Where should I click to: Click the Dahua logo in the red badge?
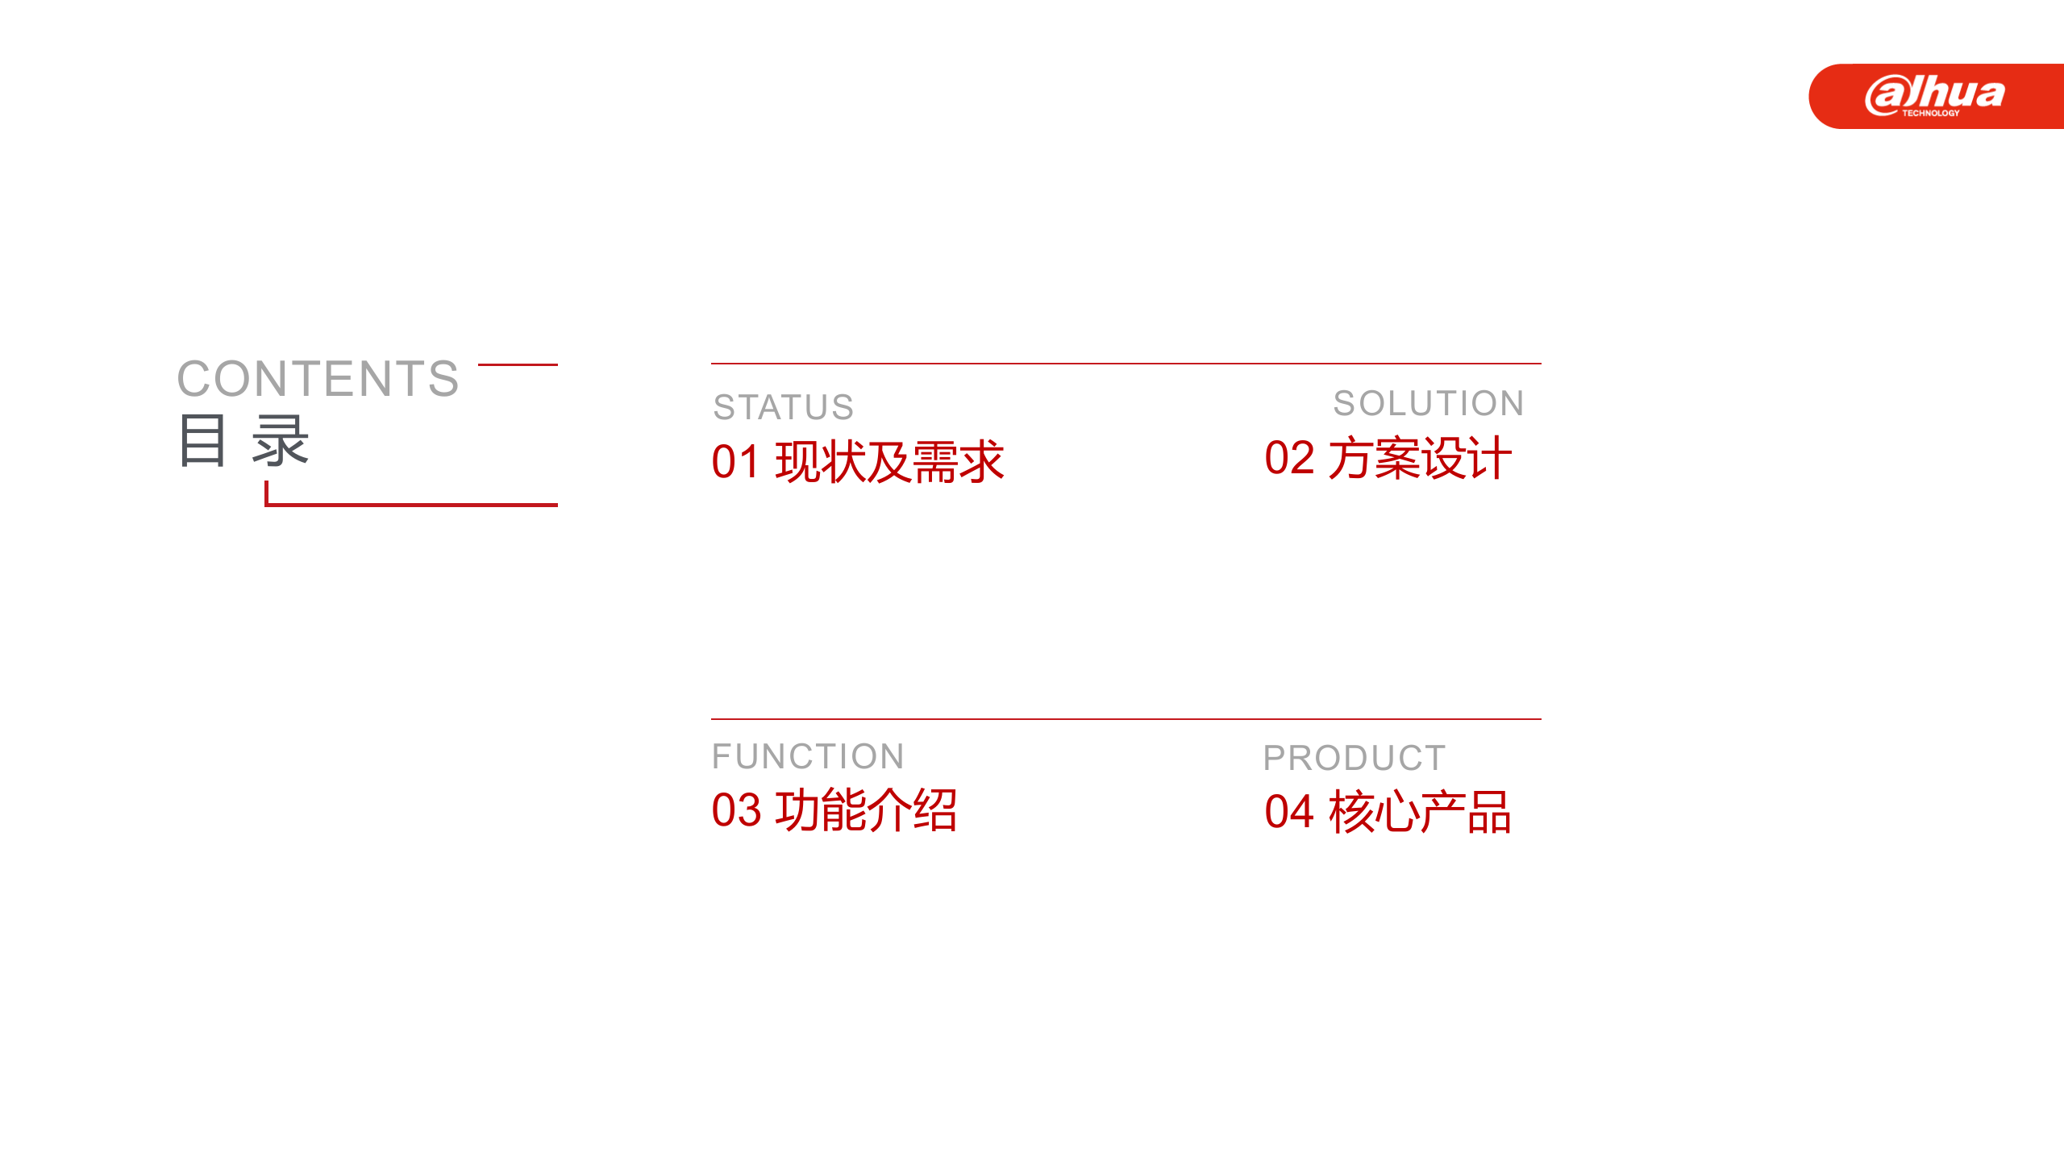point(1934,93)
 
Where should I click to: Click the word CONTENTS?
point(318,379)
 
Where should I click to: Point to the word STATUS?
point(783,407)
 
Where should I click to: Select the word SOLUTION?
point(1428,403)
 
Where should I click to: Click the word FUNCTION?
point(808,756)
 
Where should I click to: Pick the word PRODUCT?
point(1354,758)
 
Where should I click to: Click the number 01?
point(735,462)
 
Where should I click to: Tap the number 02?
point(1289,458)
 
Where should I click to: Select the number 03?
point(736,810)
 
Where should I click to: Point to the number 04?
point(1289,812)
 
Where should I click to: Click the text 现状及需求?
point(889,462)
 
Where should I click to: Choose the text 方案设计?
point(1419,458)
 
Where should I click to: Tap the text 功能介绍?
point(866,810)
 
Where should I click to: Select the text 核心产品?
point(1420,812)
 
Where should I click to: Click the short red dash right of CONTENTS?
point(518,364)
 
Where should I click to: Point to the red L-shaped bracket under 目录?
point(411,505)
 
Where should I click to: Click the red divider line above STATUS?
point(1126,364)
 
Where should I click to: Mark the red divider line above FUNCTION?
point(1126,718)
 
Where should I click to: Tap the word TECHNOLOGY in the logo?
point(1930,114)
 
